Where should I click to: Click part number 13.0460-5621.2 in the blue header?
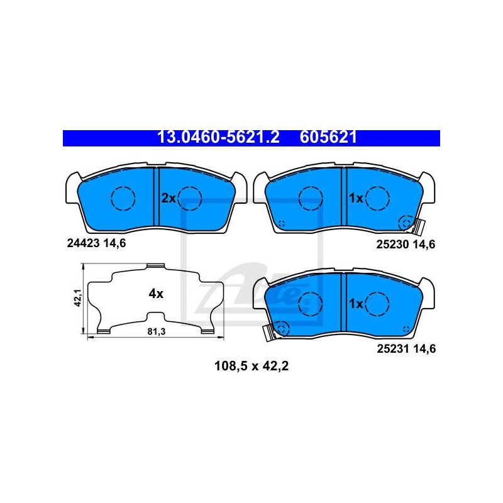tap(218, 137)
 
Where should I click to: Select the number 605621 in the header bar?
tap(328, 137)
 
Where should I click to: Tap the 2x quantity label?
tap(168, 198)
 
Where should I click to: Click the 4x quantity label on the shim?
tap(156, 293)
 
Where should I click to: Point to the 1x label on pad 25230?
tap(356, 198)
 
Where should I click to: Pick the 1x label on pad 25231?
tap(356, 303)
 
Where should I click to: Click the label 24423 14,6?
tap(97, 243)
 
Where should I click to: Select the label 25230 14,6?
tap(406, 245)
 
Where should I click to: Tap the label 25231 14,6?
tap(406, 349)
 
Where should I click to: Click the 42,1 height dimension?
tap(77, 297)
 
